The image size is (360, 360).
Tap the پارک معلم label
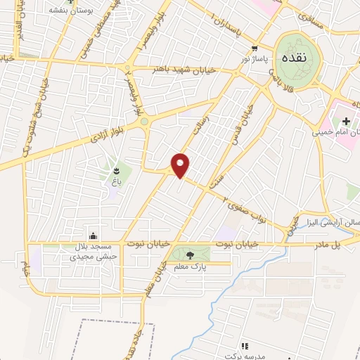click(x=191, y=266)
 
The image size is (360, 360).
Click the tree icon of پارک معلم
click(x=191, y=255)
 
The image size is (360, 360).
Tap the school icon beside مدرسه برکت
click(x=245, y=345)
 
